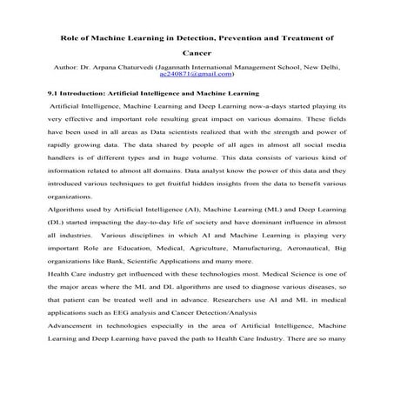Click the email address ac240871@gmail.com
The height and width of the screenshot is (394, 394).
[197, 75]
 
